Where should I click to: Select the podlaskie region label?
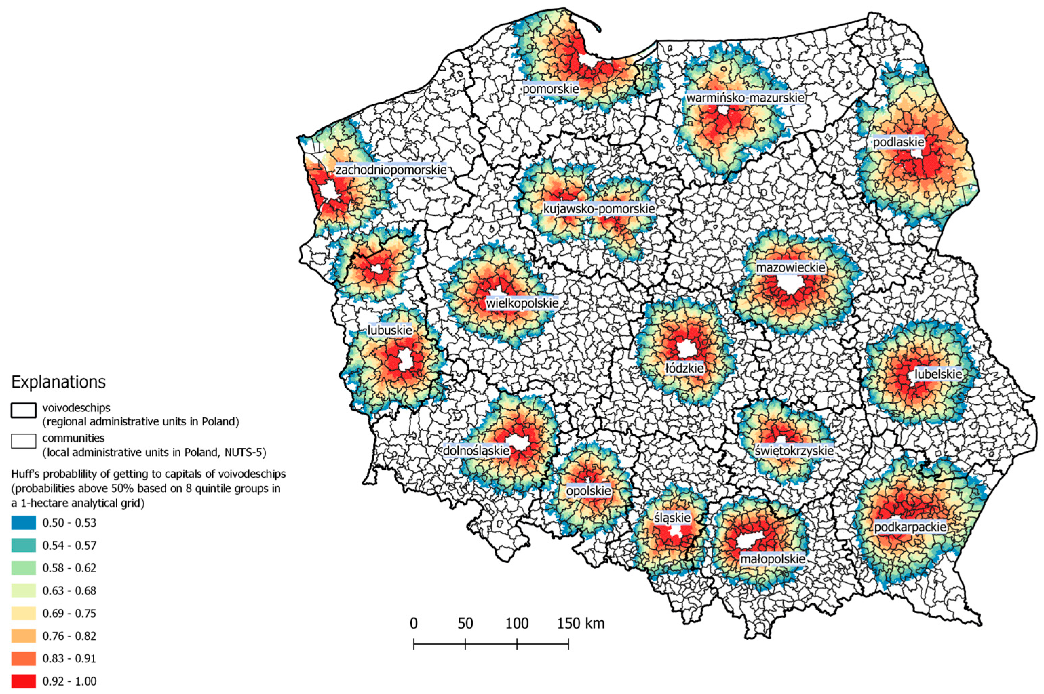tap(898, 142)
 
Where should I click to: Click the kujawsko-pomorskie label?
tap(599, 209)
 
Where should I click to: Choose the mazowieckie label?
tap(790, 267)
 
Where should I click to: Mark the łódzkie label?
tap(684, 368)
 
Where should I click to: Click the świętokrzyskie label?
tap(794, 451)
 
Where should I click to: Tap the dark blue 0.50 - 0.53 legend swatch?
tap(23, 523)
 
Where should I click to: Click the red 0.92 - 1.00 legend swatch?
tap(23, 681)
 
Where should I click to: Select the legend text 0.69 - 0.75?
tap(69, 613)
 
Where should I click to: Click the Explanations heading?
tap(58, 382)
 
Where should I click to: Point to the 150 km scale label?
tap(580, 623)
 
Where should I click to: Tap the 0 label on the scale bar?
tap(413, 623)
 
